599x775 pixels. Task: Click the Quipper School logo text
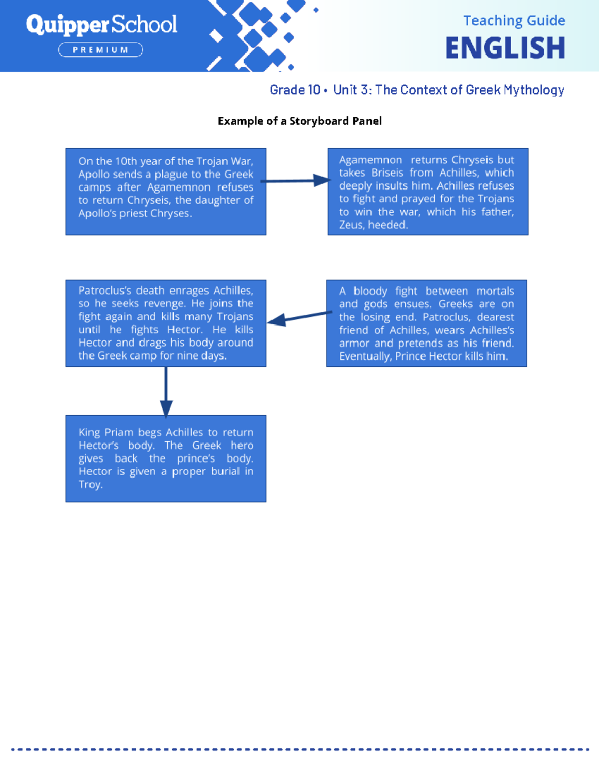(101, 24)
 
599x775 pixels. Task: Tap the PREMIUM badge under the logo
(101, 50)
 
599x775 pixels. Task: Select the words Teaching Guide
(514, 20)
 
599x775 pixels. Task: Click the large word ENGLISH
(505, 48)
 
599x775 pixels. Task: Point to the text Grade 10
(295, 90)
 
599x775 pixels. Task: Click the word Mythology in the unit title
(534, 90)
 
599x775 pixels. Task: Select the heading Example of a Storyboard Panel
(299, 121)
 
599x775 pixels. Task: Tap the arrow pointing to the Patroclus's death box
(299, 318)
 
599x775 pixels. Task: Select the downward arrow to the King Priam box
(166, 392)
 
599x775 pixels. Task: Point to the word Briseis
(387, 173)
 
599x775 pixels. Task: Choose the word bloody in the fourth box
(370, 291)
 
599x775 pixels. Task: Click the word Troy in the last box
(90, 485)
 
